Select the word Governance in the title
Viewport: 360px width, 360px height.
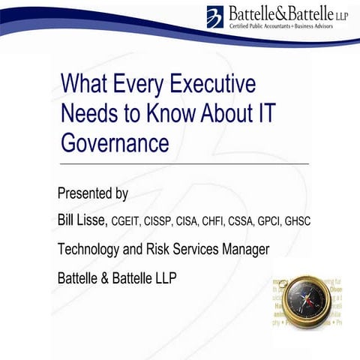tap(114, 141)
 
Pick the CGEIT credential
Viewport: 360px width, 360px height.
tap(127, 221)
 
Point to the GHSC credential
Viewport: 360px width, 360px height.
tap(297, 221)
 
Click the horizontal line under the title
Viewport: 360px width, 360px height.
tap(183, 163)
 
